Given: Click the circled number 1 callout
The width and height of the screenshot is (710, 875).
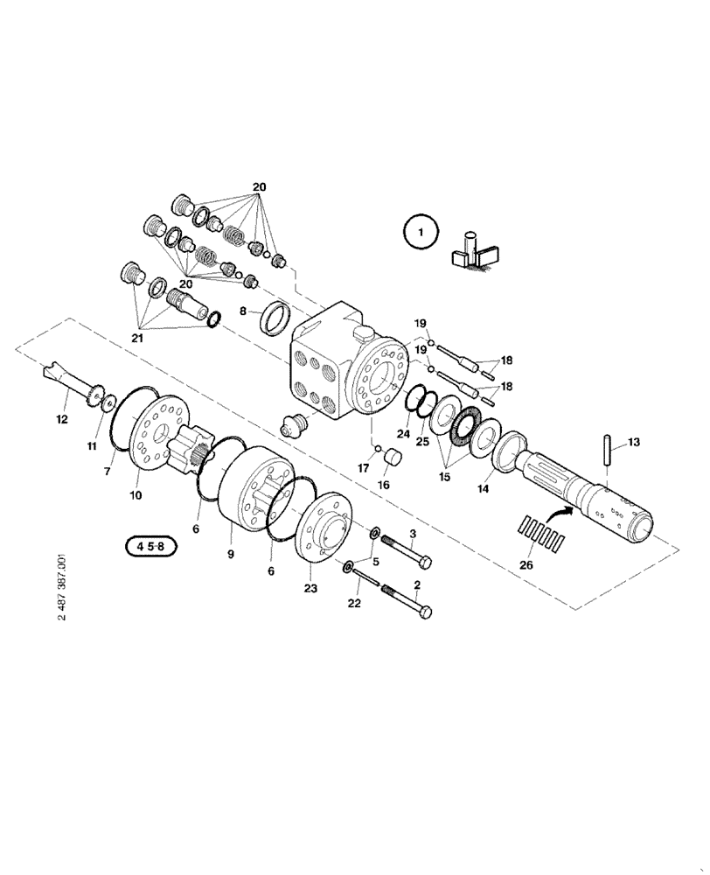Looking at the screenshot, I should point(421,234).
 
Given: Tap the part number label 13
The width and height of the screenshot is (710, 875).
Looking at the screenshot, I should point(632,443).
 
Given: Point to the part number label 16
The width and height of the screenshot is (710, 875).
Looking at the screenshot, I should point(383,485).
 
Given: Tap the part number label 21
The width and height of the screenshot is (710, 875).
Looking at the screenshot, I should point(136,337).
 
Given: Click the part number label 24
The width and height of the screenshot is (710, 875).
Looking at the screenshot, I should point(403,433).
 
